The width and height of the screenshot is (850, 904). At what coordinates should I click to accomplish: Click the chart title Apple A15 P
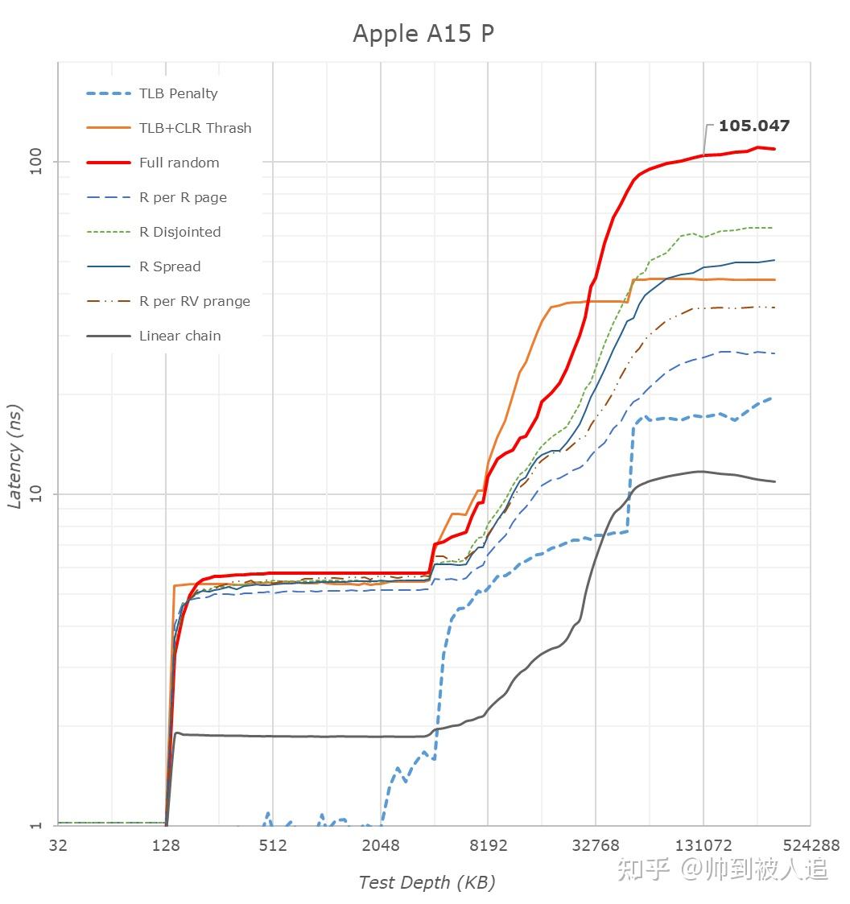tap(423, 34)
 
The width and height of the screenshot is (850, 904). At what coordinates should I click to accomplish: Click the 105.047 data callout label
tap(753, 126)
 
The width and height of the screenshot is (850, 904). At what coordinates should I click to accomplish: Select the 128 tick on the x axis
tap(166, 845)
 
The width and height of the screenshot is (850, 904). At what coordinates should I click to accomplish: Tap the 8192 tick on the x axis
tap(488, 845)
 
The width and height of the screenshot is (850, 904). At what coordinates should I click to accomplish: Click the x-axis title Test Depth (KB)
tap(427, 882)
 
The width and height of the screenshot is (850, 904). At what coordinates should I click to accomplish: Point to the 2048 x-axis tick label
tap(381, 845)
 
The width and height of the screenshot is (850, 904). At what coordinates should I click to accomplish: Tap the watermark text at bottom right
tap(722, 869)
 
